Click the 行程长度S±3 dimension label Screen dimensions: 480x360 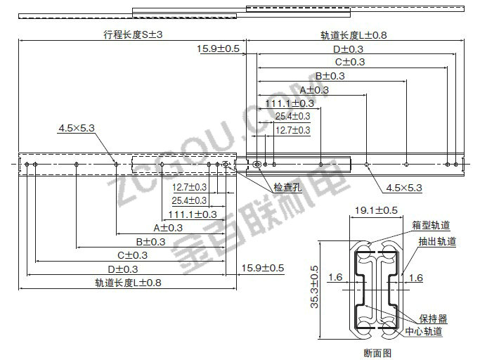point(133,34)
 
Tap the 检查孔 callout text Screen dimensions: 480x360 point(287,187)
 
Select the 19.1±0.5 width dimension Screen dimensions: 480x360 point(376,210)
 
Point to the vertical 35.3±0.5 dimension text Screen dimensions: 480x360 point(314,287)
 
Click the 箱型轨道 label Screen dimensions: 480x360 point(431,225)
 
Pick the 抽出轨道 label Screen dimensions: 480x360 point(437,241)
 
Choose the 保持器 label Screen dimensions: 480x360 point(433,319)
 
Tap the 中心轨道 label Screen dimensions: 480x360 point(424,331)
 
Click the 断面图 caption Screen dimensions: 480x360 point(377,353)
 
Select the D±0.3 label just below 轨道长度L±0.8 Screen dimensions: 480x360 point(348,49)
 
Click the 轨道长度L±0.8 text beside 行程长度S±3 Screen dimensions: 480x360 point(353,35)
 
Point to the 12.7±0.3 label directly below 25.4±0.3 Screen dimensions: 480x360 point(292,130)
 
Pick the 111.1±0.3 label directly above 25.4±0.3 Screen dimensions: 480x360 point(290,103)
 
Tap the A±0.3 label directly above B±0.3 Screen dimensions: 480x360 point(168,228)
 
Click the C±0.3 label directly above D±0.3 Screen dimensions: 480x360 point(133,255)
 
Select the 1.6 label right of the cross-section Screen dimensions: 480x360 point(416,278)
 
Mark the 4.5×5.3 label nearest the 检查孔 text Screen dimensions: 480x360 point(404,188)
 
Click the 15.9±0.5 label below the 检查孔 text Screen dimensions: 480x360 point(263,268)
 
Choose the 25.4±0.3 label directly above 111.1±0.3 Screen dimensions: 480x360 point(189,200)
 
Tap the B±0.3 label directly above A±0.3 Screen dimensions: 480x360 point(330,76)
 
